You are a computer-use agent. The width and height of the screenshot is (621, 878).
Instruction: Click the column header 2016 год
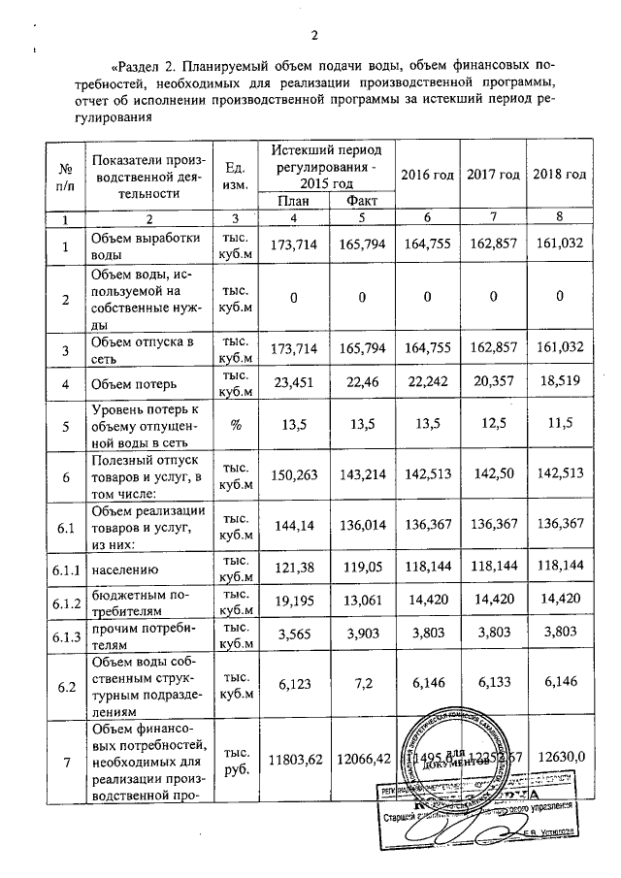coord(426,174)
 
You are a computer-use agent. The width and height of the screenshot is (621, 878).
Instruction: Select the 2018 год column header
coord(559,174)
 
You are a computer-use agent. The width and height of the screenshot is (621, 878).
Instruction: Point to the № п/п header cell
coord(65,175)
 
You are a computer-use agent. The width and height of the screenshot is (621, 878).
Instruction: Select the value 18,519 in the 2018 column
coord(559,382)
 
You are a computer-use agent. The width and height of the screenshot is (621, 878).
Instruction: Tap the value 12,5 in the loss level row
coord(491,424)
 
